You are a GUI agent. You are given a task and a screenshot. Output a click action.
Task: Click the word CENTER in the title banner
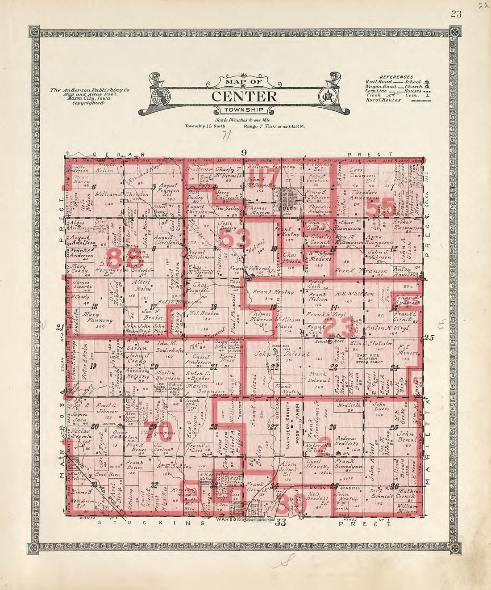pyautogui.click(x=244, y=96)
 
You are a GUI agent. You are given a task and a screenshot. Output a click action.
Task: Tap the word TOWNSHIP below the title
pyautogui.click(x=244, y=110)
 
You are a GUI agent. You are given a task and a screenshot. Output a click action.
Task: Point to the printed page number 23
pyautogui.click(x=456, y=13)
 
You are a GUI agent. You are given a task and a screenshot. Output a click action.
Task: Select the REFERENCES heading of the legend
pyautogui.click(x=397, y=77)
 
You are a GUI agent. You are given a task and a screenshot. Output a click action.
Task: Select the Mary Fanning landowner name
pyautogui.click(x=97, y=317)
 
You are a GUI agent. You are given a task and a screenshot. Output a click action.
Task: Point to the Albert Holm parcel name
pyautogui.click(x=141, y=286)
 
